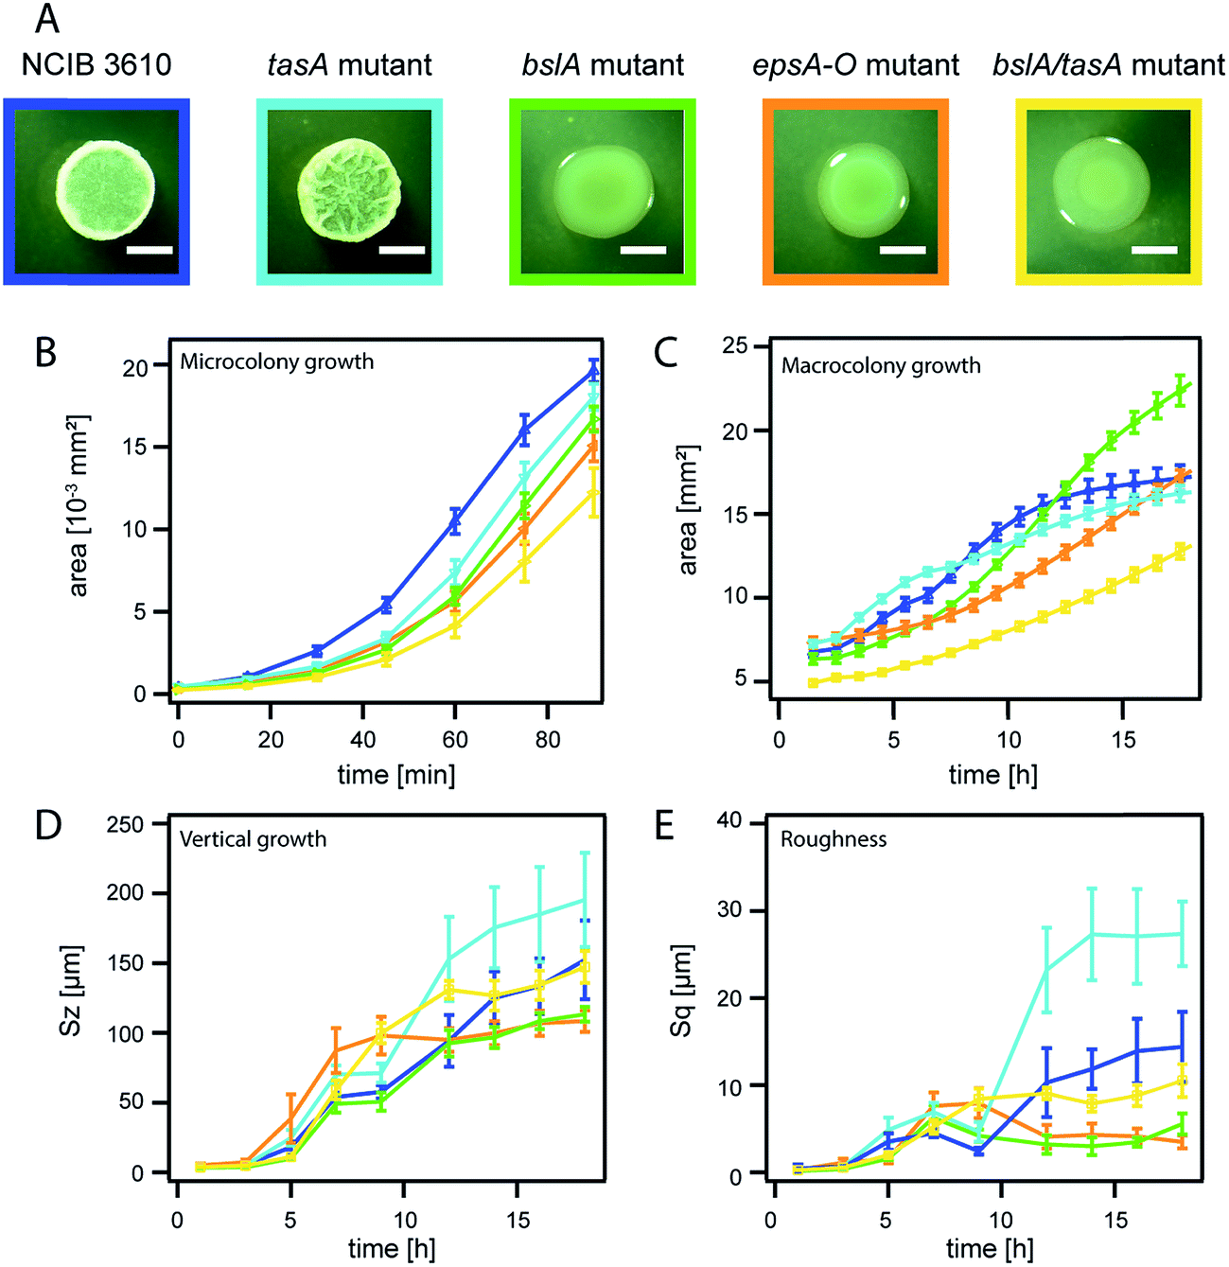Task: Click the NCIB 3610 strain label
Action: (97, 64)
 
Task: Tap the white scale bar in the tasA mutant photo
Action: (401, 251)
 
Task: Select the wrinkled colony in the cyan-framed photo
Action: (350, 187)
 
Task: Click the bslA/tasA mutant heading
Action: (1108, 64)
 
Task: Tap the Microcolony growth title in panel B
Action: (276, 361)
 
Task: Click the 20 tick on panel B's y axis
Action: (136, 367)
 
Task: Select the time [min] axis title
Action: (395, 775)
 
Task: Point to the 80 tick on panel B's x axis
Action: (548, 739)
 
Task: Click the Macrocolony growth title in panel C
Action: (880, 365)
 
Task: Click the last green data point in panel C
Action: (1180, 387)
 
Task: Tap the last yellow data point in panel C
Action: (1180, 550)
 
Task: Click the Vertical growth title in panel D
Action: (253, 839)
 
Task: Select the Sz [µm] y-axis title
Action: (72, 990)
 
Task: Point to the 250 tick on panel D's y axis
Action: (125, 824)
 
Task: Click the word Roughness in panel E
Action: (833, 839)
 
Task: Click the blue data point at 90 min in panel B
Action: (594, 370)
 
